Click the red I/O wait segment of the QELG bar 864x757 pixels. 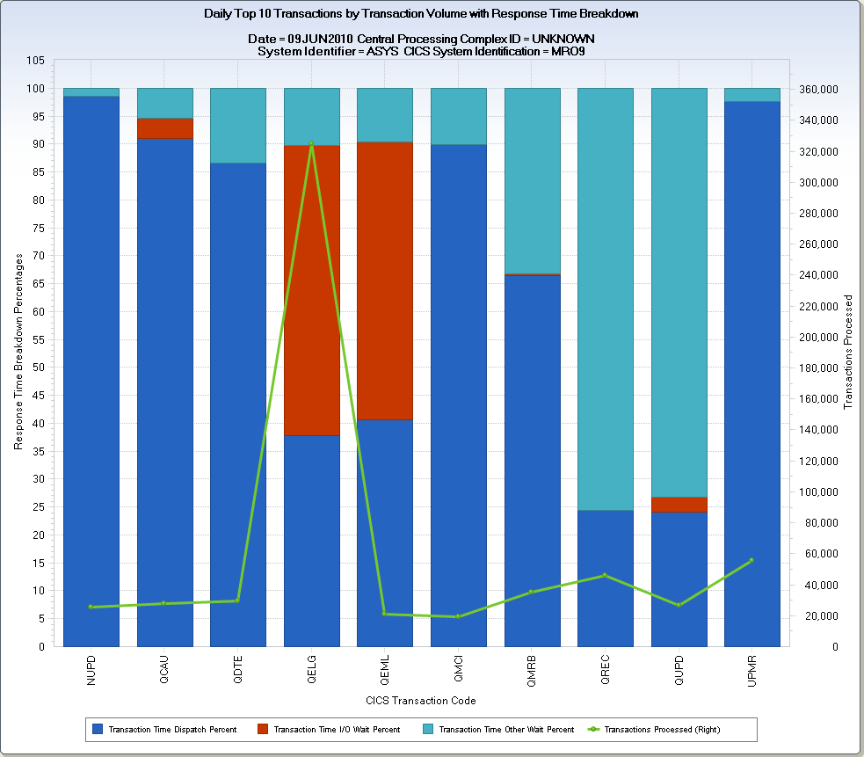[x=311, y=290]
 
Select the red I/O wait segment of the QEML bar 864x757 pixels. [x=385, y=280]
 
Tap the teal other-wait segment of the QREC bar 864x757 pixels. [x=606, y=299]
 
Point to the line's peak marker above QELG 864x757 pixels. [x=311, y=143]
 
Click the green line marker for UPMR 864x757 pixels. [x=751, y=560]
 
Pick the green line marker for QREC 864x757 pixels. [x=605, y=575]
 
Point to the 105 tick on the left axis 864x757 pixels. [x=36, y=61]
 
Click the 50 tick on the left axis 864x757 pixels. [x=39, y=368]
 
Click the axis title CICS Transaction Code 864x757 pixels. [x=421, y=701]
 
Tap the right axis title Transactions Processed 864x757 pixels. [x=848, y=352]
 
